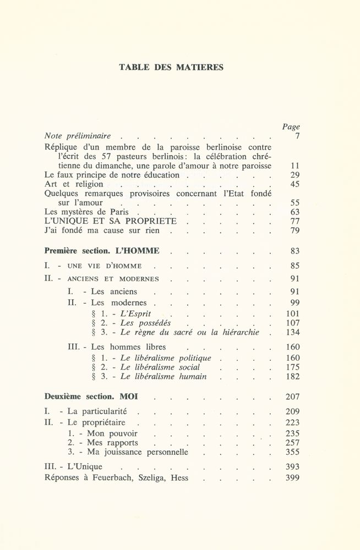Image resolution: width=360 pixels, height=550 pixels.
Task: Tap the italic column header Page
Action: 291,127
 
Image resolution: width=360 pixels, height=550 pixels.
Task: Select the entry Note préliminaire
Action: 78,136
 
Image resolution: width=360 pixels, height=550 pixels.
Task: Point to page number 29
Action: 294,175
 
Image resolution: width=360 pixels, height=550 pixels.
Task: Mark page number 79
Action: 294,231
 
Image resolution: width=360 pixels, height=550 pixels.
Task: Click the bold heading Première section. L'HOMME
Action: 102,251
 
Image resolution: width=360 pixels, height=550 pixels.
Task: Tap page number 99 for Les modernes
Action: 294,303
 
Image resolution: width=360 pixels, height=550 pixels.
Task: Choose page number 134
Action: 292,333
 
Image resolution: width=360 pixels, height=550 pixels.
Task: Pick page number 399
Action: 292,478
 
